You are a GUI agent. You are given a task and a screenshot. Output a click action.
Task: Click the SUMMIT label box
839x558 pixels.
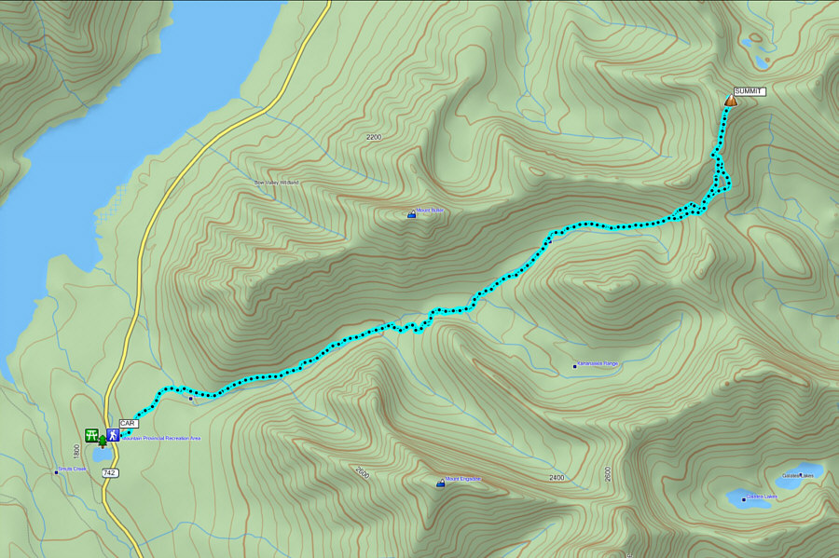[750, 91]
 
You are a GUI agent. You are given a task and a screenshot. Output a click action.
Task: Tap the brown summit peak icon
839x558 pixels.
[730, 100]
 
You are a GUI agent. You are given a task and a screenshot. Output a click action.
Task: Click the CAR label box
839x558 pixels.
[129, 423]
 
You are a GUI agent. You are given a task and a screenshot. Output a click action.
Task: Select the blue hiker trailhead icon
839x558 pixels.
[112, 434]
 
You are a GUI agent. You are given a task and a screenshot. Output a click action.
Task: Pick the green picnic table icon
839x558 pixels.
[91, 434]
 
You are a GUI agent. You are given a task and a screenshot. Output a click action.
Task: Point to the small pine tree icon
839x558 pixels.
[102, 442]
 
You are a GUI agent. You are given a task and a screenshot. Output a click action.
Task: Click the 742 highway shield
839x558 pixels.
[110, 473]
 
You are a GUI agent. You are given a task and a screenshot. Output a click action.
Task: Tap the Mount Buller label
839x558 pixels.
[431, 211]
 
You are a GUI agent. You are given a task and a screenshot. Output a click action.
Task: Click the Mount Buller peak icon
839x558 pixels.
[412, 214]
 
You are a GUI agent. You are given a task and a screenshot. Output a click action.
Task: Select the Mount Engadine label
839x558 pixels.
[462, 479]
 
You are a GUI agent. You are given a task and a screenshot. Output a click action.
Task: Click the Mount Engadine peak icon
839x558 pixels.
[440, 483]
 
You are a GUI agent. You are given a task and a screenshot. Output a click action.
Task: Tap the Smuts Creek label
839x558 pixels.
[73, 469]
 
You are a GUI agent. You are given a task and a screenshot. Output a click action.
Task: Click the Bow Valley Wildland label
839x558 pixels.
[277, 183]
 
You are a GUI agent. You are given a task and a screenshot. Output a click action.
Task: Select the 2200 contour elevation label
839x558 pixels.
[374, 137]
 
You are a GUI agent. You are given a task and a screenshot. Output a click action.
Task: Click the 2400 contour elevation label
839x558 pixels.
[557, 478]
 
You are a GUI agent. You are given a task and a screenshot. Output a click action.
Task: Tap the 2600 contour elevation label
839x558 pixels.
[608, 473]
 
